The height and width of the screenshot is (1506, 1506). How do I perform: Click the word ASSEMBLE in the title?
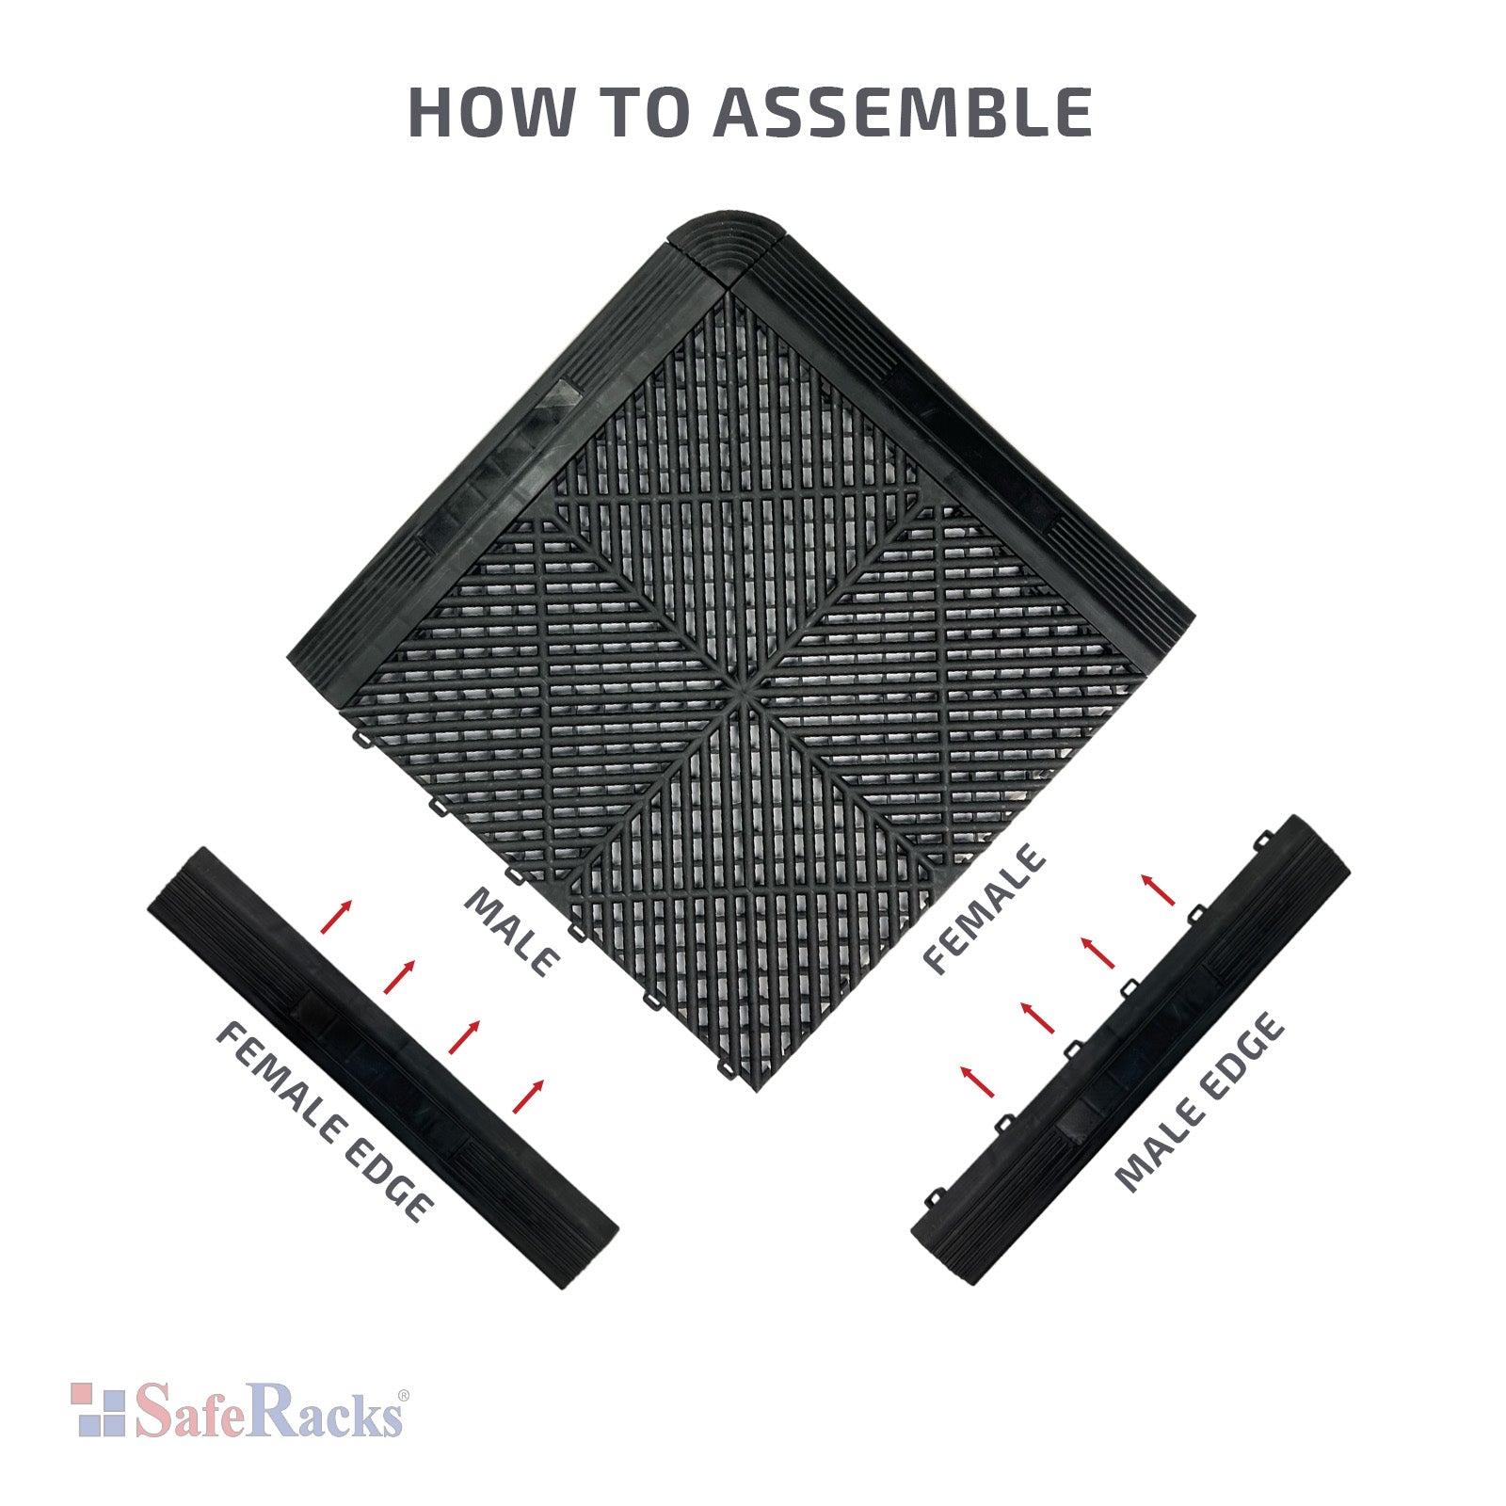click(x=902, y=112)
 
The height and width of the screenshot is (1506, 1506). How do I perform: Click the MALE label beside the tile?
click(x=513, y=932)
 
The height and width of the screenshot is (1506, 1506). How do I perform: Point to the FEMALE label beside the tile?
click(x=984, y=909)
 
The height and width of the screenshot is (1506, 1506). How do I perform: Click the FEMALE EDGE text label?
click(x=326, y=1121)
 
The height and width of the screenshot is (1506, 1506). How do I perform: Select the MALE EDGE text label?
click(x=1199, y=1102)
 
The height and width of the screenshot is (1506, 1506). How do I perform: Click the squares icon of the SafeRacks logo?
click(x=98, y=1409)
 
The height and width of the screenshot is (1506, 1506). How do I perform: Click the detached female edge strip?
click(x=383, y=1067)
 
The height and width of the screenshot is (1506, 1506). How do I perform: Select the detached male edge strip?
click(x=1130, y=1050)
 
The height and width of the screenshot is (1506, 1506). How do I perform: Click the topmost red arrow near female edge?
click(x=336, y=917)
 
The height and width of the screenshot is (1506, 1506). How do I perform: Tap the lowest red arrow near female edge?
click(x=528, y=1097)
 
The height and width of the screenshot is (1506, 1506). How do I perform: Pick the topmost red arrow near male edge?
click(x=1159, y=889)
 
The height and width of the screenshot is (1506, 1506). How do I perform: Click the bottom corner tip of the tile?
click(x=757, y=1091)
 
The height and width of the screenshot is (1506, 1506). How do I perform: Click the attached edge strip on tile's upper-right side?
click(x=969, y=442)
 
